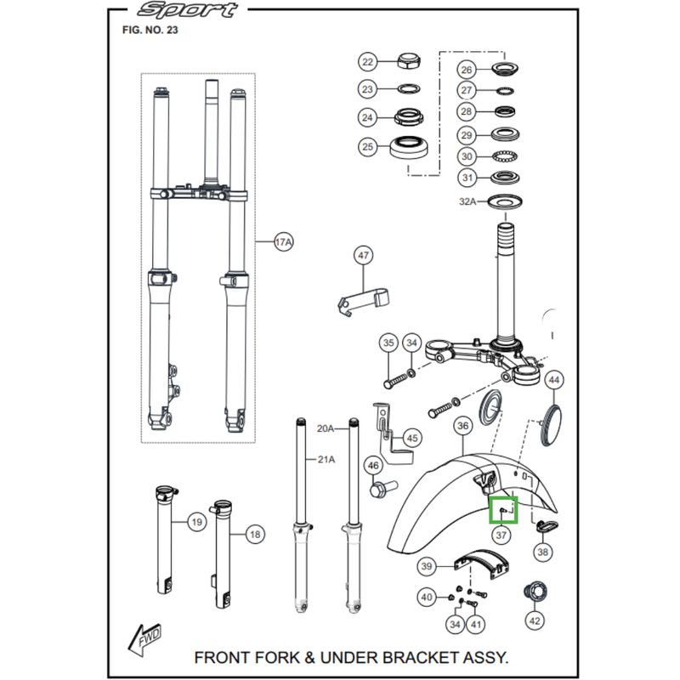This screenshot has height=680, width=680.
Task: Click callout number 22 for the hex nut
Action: coord(367,62)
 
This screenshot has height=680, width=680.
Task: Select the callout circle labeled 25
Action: coord(367,147)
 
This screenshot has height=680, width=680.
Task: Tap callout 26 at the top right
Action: coord(466,69)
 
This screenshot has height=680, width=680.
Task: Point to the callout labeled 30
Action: coord(466,156)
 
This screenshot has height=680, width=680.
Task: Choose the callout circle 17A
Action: coord(283,242)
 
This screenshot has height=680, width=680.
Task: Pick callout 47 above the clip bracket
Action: coord(364,255)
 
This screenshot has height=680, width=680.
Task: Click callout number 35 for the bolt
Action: coord(388,343)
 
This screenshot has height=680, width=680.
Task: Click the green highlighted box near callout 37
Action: coord(501,509)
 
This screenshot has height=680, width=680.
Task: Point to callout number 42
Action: coord(535,621)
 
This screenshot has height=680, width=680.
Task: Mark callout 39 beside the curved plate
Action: coord(428,566)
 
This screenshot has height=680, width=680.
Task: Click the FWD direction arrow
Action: coord(143,637)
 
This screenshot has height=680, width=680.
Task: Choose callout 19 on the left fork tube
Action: coord(196,522)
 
